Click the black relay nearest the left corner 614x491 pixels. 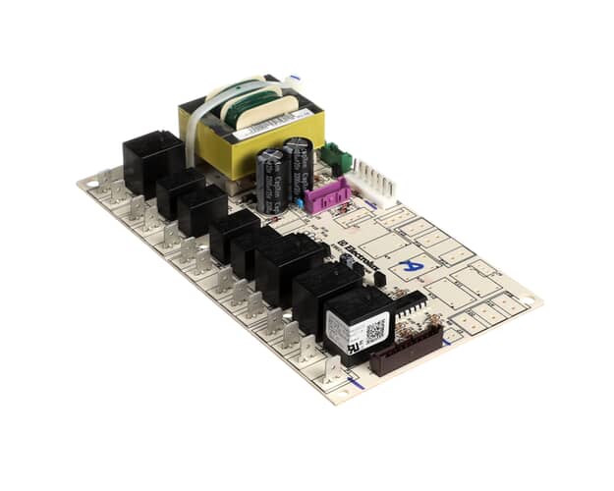[151, 161]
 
